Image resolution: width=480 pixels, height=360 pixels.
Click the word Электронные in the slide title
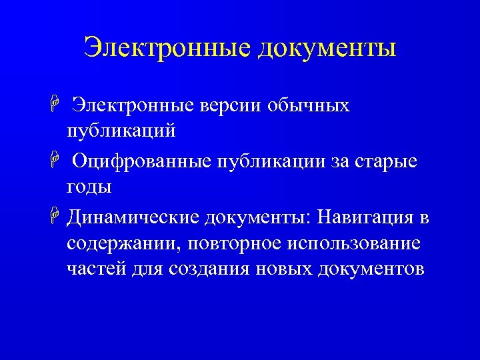tap(166, 47)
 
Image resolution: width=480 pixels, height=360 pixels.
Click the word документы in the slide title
tap(326, 47)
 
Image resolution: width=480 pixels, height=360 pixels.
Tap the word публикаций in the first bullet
tap(121, 131)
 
